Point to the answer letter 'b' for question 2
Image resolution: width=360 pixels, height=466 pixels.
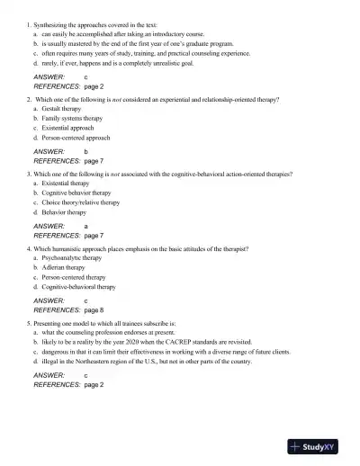pyautogui.click(x=85, y=151)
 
